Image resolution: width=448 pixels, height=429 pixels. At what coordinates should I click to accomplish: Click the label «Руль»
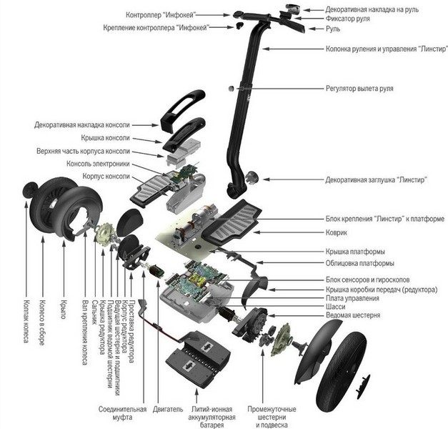pos(335,30)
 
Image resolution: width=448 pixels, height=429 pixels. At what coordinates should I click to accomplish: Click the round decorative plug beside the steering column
pos(252,177)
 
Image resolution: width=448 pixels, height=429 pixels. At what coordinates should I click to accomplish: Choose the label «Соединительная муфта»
pos(122,414)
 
